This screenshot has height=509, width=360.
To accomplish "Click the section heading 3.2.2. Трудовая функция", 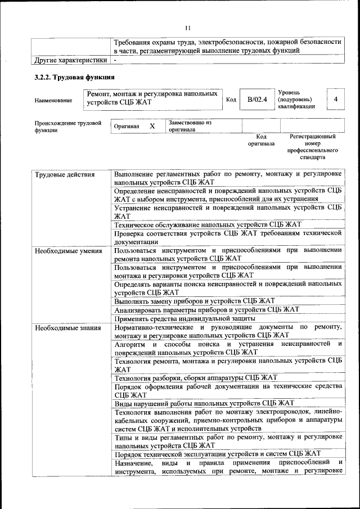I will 75,77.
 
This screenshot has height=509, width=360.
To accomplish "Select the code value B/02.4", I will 256,100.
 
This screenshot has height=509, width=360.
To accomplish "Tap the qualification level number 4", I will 335,99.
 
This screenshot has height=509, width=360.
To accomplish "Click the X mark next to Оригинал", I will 152,126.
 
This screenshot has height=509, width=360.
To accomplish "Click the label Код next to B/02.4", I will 231,100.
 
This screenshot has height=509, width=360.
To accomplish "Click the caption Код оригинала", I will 261,140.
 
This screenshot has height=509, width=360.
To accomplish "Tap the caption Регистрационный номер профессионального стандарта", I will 312,147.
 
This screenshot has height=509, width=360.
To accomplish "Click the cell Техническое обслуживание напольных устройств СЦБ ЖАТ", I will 208,223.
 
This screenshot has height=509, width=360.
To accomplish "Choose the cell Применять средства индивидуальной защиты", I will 185,318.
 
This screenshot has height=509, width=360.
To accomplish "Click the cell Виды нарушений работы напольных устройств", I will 204,403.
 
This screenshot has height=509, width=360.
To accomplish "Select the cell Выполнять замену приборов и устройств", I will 194,301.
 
